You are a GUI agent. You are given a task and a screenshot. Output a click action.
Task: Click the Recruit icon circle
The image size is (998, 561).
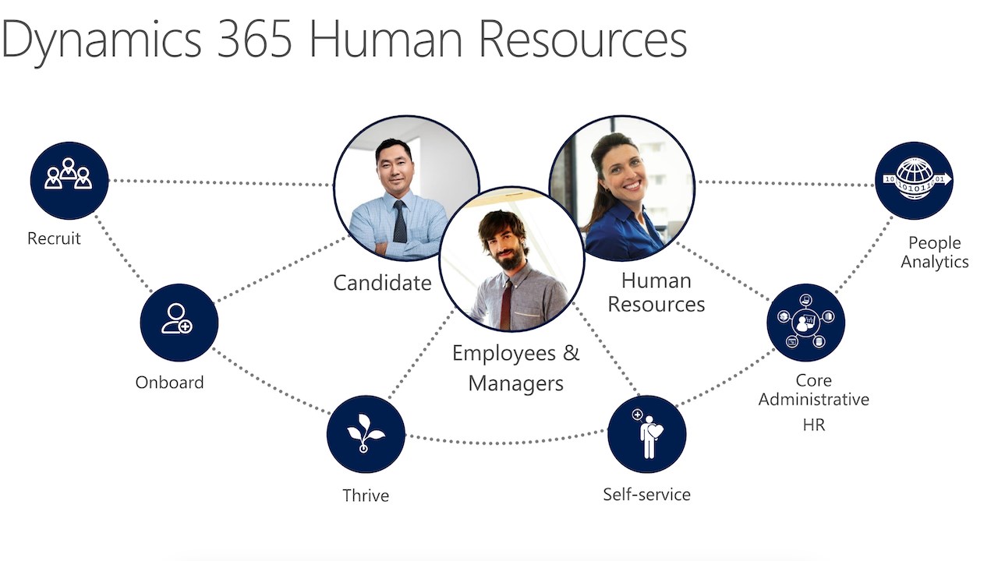[69, 180]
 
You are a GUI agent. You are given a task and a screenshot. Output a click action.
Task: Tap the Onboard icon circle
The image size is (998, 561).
[179, 322]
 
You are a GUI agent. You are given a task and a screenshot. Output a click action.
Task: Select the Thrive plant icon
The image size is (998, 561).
[365, 434]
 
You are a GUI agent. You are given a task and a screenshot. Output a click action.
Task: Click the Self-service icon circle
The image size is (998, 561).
[646, 434]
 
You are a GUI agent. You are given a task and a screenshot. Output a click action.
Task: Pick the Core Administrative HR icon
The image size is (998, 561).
[805, 322]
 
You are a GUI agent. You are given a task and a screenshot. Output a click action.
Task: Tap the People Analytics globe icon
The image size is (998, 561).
[914, 180]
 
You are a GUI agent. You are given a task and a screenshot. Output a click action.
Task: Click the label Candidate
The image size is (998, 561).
[382, 282]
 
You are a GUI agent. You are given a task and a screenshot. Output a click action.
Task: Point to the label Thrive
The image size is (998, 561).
[366, 496]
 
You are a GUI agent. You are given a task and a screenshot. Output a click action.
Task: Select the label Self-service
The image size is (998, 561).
[646, 494]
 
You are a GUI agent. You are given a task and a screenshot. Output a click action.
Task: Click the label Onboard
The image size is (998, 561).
[169, 383]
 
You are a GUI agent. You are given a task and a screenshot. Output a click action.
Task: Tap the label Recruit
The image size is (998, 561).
[54, 238]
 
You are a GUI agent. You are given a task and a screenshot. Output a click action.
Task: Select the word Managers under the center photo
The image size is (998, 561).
[515, 383]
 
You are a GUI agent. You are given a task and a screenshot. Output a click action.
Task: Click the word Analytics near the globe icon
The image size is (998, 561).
[934, 262]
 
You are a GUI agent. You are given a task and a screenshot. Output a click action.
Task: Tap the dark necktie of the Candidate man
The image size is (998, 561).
[399, 221]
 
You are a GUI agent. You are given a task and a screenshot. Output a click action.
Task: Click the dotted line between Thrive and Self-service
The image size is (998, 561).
[507, 442]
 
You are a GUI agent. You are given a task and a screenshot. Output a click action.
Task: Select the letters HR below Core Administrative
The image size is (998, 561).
[813, 425]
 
